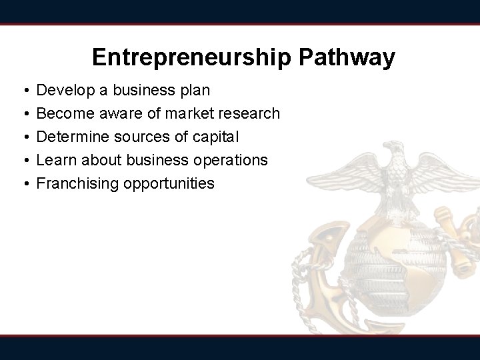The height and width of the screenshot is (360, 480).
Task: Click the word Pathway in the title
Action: click(349, 57)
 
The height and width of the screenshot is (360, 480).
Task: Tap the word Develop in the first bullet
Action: click(65, 90)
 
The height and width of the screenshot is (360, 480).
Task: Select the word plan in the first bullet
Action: click(194, 90)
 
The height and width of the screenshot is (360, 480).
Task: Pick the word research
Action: click(249, 113)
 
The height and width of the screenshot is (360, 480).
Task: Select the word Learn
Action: click(55, 160)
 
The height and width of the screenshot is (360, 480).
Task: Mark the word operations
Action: click(231, 160)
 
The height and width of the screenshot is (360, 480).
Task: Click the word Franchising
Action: click(78, 183)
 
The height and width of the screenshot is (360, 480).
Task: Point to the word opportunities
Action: click(169, 183)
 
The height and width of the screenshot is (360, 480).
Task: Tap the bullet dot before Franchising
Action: click(23, 184)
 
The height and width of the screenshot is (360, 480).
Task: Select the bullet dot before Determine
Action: click(23, 137)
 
